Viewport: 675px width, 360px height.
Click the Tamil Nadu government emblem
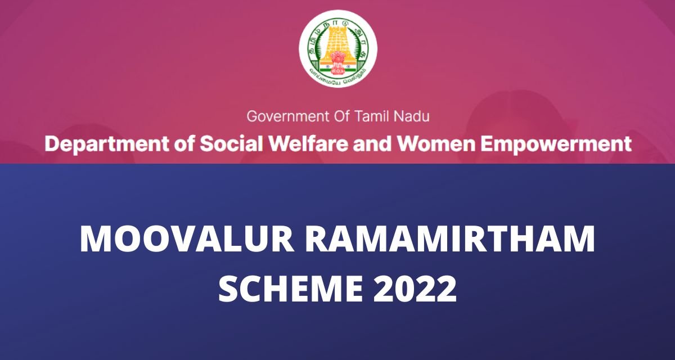pyautogui.click(x=337, y=47)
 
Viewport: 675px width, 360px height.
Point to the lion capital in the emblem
pyautogui.click(x=337, y=58)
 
